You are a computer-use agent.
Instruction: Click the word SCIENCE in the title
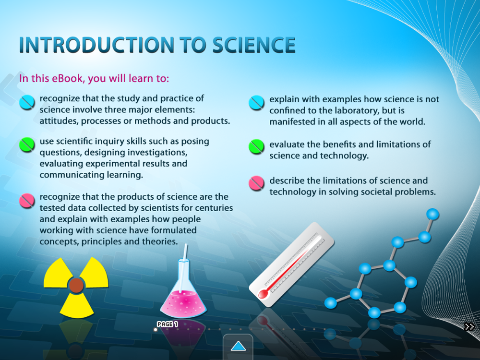[254, 45]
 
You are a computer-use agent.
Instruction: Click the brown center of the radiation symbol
[76, 285]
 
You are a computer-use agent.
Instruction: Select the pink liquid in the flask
[183, 304]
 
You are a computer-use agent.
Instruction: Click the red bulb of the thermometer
[263, 294]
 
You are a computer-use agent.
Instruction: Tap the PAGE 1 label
[167, 324]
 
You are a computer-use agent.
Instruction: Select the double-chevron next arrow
[469, 326]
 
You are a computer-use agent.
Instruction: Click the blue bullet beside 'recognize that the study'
[27, 102]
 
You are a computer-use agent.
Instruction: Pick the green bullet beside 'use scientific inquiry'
[27, 144]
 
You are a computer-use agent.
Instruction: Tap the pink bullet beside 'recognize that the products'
[27, 201]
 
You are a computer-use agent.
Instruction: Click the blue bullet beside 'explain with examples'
[256, 103]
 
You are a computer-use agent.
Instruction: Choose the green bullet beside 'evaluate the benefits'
[256, 146]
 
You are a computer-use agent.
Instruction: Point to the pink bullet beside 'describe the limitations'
[256, 183]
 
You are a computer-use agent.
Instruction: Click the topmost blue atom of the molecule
[432, 214]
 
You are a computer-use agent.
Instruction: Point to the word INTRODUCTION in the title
[96, 45]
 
